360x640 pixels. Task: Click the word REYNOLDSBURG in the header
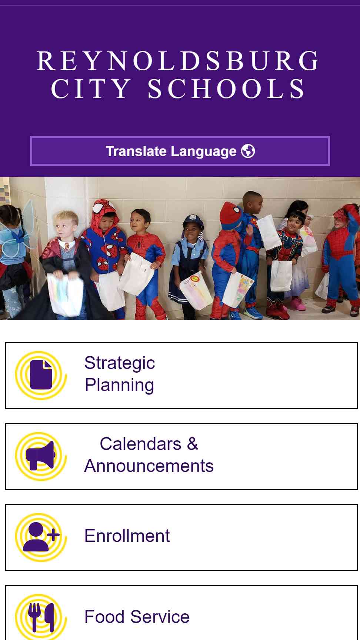pyautogui.click(x=178, y=61)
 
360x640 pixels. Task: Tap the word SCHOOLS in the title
pyautogui.click(x=226, y=89)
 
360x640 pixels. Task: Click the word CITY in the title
pyautogui.click(x=91, y=89)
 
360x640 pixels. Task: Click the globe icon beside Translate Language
pyautogui.click(x=248, y=151)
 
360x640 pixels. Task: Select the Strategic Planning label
pyautogui.click(x=120, y=374)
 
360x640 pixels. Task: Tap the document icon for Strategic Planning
pyautogui.click(x=41, y=375)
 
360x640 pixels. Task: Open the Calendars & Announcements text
pyautogui.click(x=149, y=455)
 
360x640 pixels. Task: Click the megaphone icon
pyautogui.click(x=41, y=456)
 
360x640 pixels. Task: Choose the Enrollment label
pyautogui.click(x=127, y=536)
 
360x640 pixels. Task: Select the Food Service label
pyautogui.click(x=137, y=617)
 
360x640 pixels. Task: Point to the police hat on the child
pyautogui.click(x=193, y=221)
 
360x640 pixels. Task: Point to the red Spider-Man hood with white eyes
pyautogui.click(x=104, y=211)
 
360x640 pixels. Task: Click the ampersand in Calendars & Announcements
pyautogui.click(x=193, y=444)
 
